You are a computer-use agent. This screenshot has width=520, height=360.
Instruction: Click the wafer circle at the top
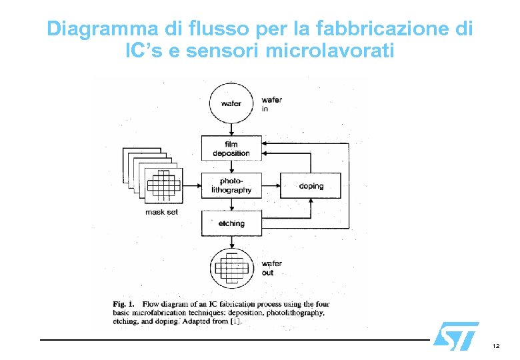click(231, 103)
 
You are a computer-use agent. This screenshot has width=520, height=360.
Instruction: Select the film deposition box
click(231, 149)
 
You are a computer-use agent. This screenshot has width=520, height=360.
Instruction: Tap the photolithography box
click(231, 185)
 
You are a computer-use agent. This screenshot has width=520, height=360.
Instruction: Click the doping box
click(311, 185)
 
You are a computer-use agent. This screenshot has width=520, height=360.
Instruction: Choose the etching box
click(231, 223)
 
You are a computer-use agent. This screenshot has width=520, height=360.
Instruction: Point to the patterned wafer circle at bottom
click(231, 267)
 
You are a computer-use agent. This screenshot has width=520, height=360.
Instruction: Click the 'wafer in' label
click(271, 104)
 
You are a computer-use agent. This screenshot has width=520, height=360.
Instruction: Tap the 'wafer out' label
click(272, 268)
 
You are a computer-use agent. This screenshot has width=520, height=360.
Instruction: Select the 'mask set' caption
click(161, 212)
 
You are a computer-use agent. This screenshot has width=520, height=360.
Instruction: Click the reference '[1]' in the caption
click(235, 321)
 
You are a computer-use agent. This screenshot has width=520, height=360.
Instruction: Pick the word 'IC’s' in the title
click(143, 50)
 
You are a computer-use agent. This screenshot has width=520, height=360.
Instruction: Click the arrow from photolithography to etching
click(231, 205)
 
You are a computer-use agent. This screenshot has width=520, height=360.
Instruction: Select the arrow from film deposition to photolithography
click(231, 166)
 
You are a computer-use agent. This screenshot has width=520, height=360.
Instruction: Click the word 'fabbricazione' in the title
click(375, 29)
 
